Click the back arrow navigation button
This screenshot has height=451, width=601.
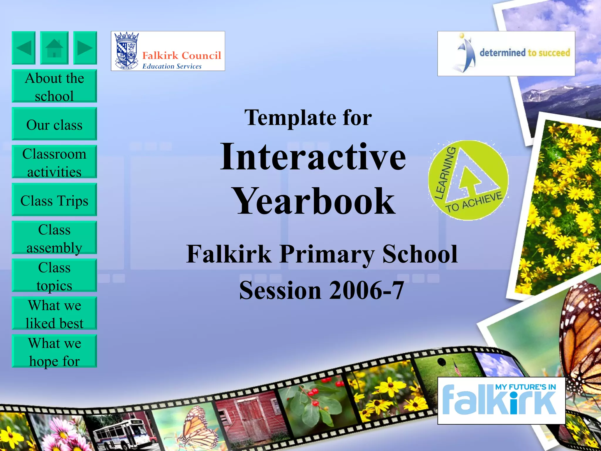(x=23, y=48)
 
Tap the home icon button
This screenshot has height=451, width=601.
(x=54, y=48)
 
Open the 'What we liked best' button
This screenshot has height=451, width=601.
(x=54, y=313)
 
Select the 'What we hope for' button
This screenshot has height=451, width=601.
(x=54, y=351)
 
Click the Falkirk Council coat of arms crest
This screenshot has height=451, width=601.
(x=126, y=51)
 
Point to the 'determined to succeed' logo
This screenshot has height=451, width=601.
(x=506, y=53)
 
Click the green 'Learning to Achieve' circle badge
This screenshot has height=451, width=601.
(x=468, y=180)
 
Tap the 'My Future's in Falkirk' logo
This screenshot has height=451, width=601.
(x=501, y=400)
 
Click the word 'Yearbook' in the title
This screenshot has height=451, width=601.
(x=313, y=202)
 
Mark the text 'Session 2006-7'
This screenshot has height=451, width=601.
(x=322, y=290)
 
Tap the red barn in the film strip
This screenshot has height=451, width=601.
(x=249, y=417)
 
